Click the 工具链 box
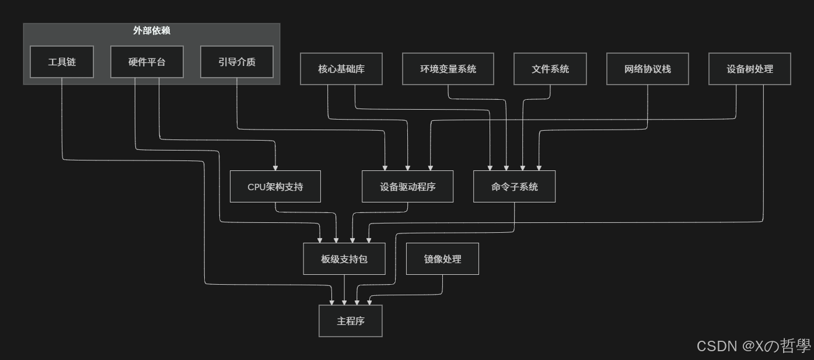coord(62,62)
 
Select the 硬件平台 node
coord(147,62)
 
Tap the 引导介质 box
coord(237,62)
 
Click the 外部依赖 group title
coord(152,31)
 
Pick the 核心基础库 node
coord(341,69)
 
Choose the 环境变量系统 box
coord(448,69)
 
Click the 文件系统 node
coord(550,69)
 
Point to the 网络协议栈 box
coord(648,69)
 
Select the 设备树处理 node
coord(750,69)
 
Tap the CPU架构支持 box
coord(275,187)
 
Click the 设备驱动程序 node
coord(407,187)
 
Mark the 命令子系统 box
coord(514,187)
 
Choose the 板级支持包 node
coord(344,259)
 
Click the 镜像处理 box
coord(442,259)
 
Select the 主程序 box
coord(351,321)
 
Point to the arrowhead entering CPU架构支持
coord(275,167)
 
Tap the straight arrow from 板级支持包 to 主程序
coord(344,289)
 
